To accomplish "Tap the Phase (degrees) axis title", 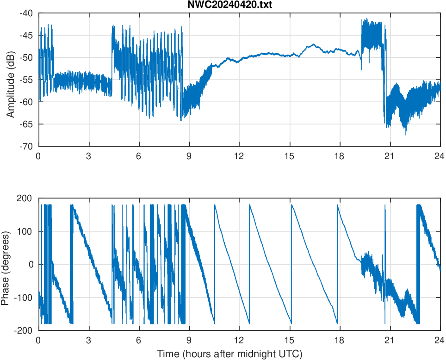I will coord(6,264).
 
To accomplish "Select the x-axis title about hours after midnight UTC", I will coord(229,354).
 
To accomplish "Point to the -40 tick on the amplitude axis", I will coord(26,13).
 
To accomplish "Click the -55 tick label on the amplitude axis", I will coord(26,80).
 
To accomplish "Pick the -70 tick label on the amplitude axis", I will coord(26,146).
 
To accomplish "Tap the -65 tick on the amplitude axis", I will coord(26,124).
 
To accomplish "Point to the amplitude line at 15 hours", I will coord(289,56).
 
